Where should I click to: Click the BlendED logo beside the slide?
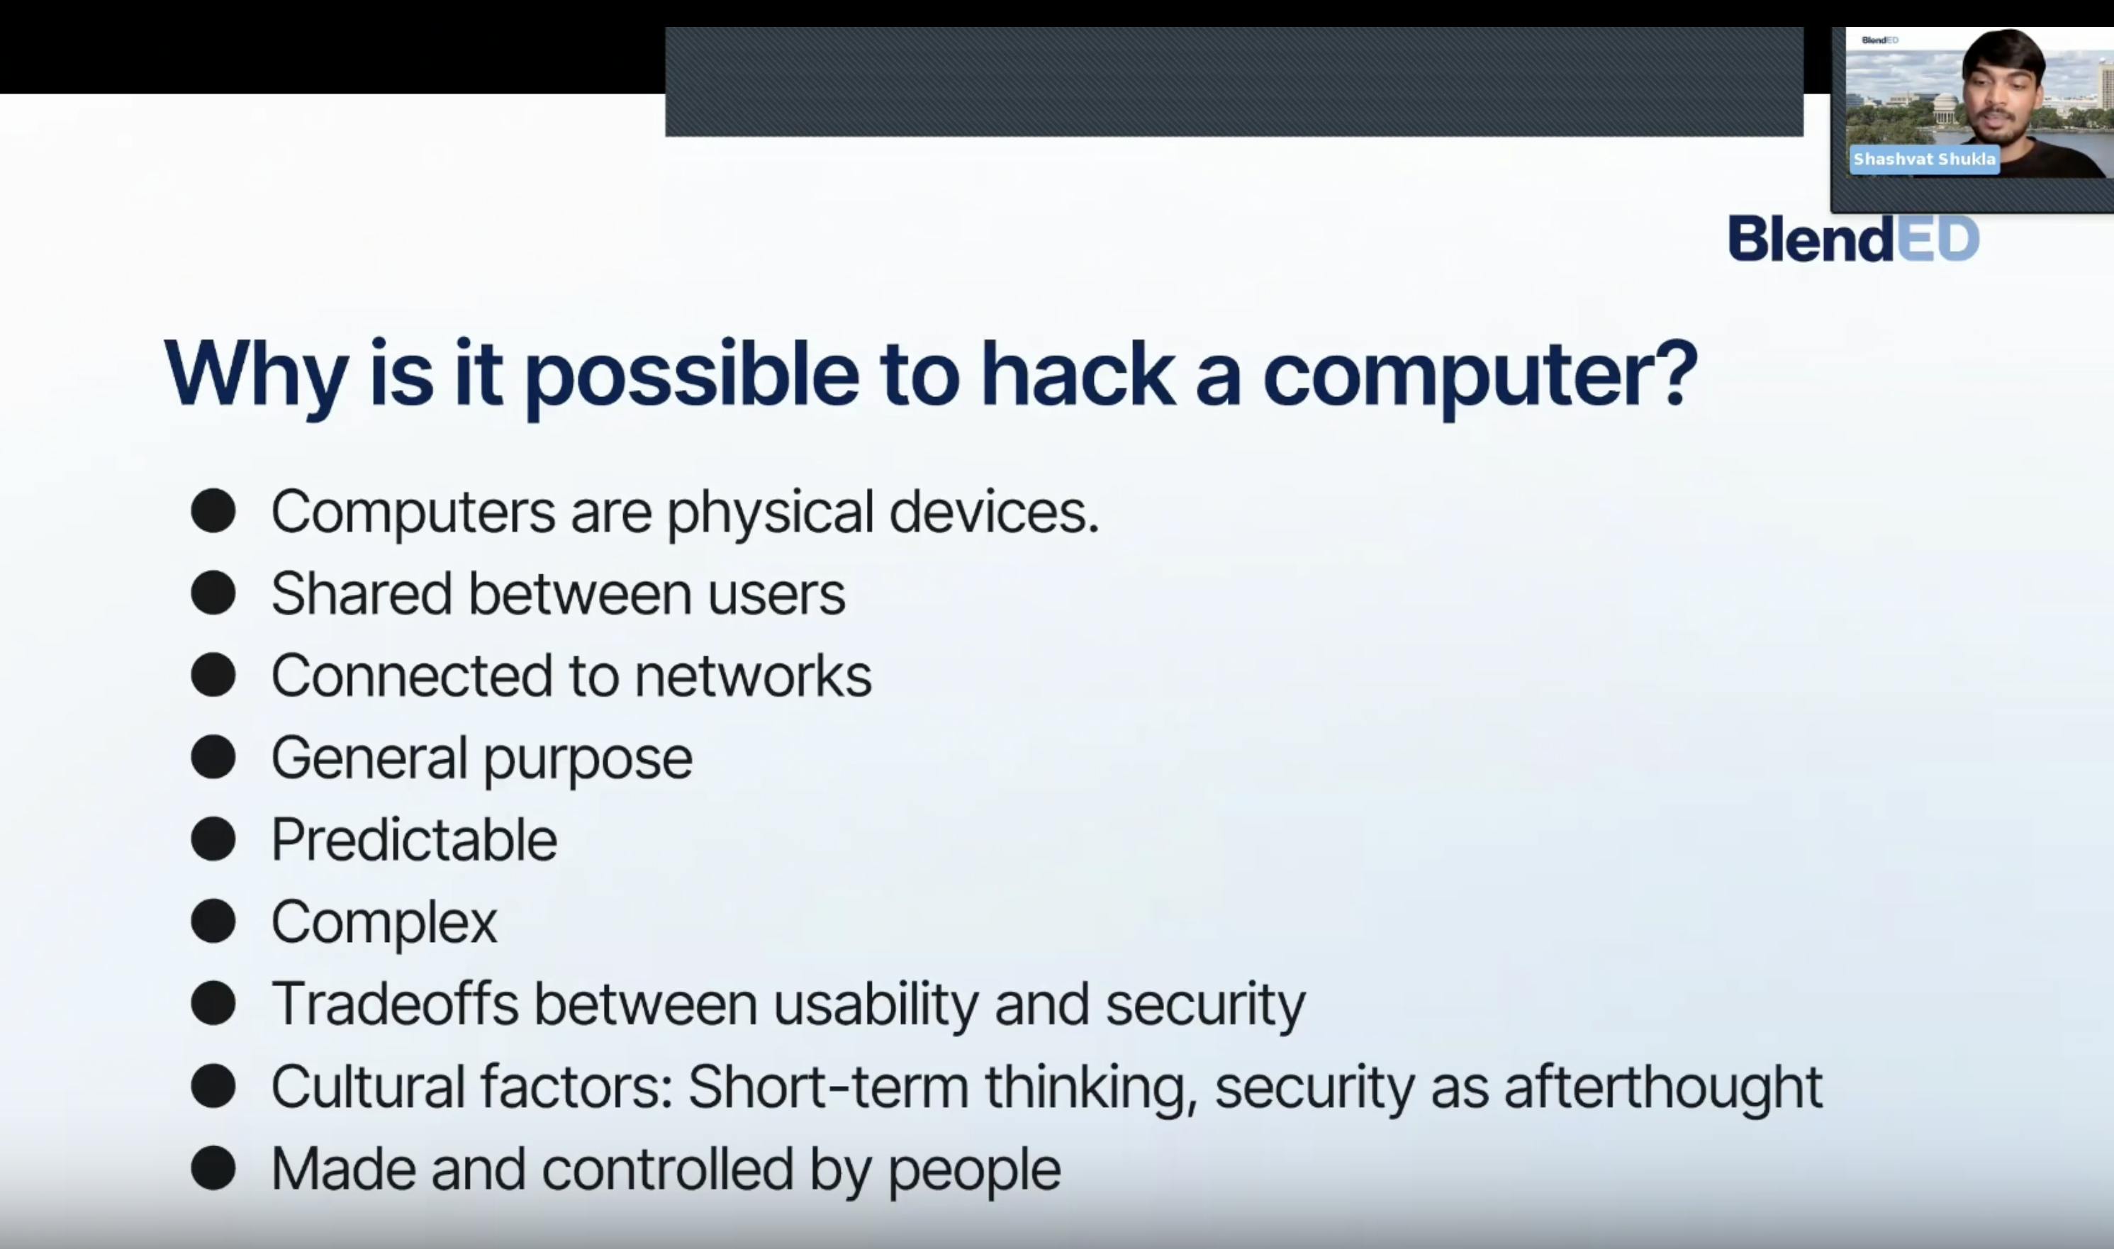point(1853,238)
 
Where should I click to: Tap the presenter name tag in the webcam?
point(1924,159)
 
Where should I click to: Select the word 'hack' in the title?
point(1077,374)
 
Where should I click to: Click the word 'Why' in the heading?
point(256,377)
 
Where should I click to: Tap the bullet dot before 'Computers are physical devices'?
point(213,511)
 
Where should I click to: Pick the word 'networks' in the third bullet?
point(753,676)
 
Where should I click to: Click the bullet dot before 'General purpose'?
point(213,756)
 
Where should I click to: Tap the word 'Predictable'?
point(414,839)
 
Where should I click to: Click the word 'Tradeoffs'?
point(395,1003)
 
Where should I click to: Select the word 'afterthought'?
point(1664,1086)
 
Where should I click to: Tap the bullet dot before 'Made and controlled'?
point(213,1167)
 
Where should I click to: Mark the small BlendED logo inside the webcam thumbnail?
point(1879,40)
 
